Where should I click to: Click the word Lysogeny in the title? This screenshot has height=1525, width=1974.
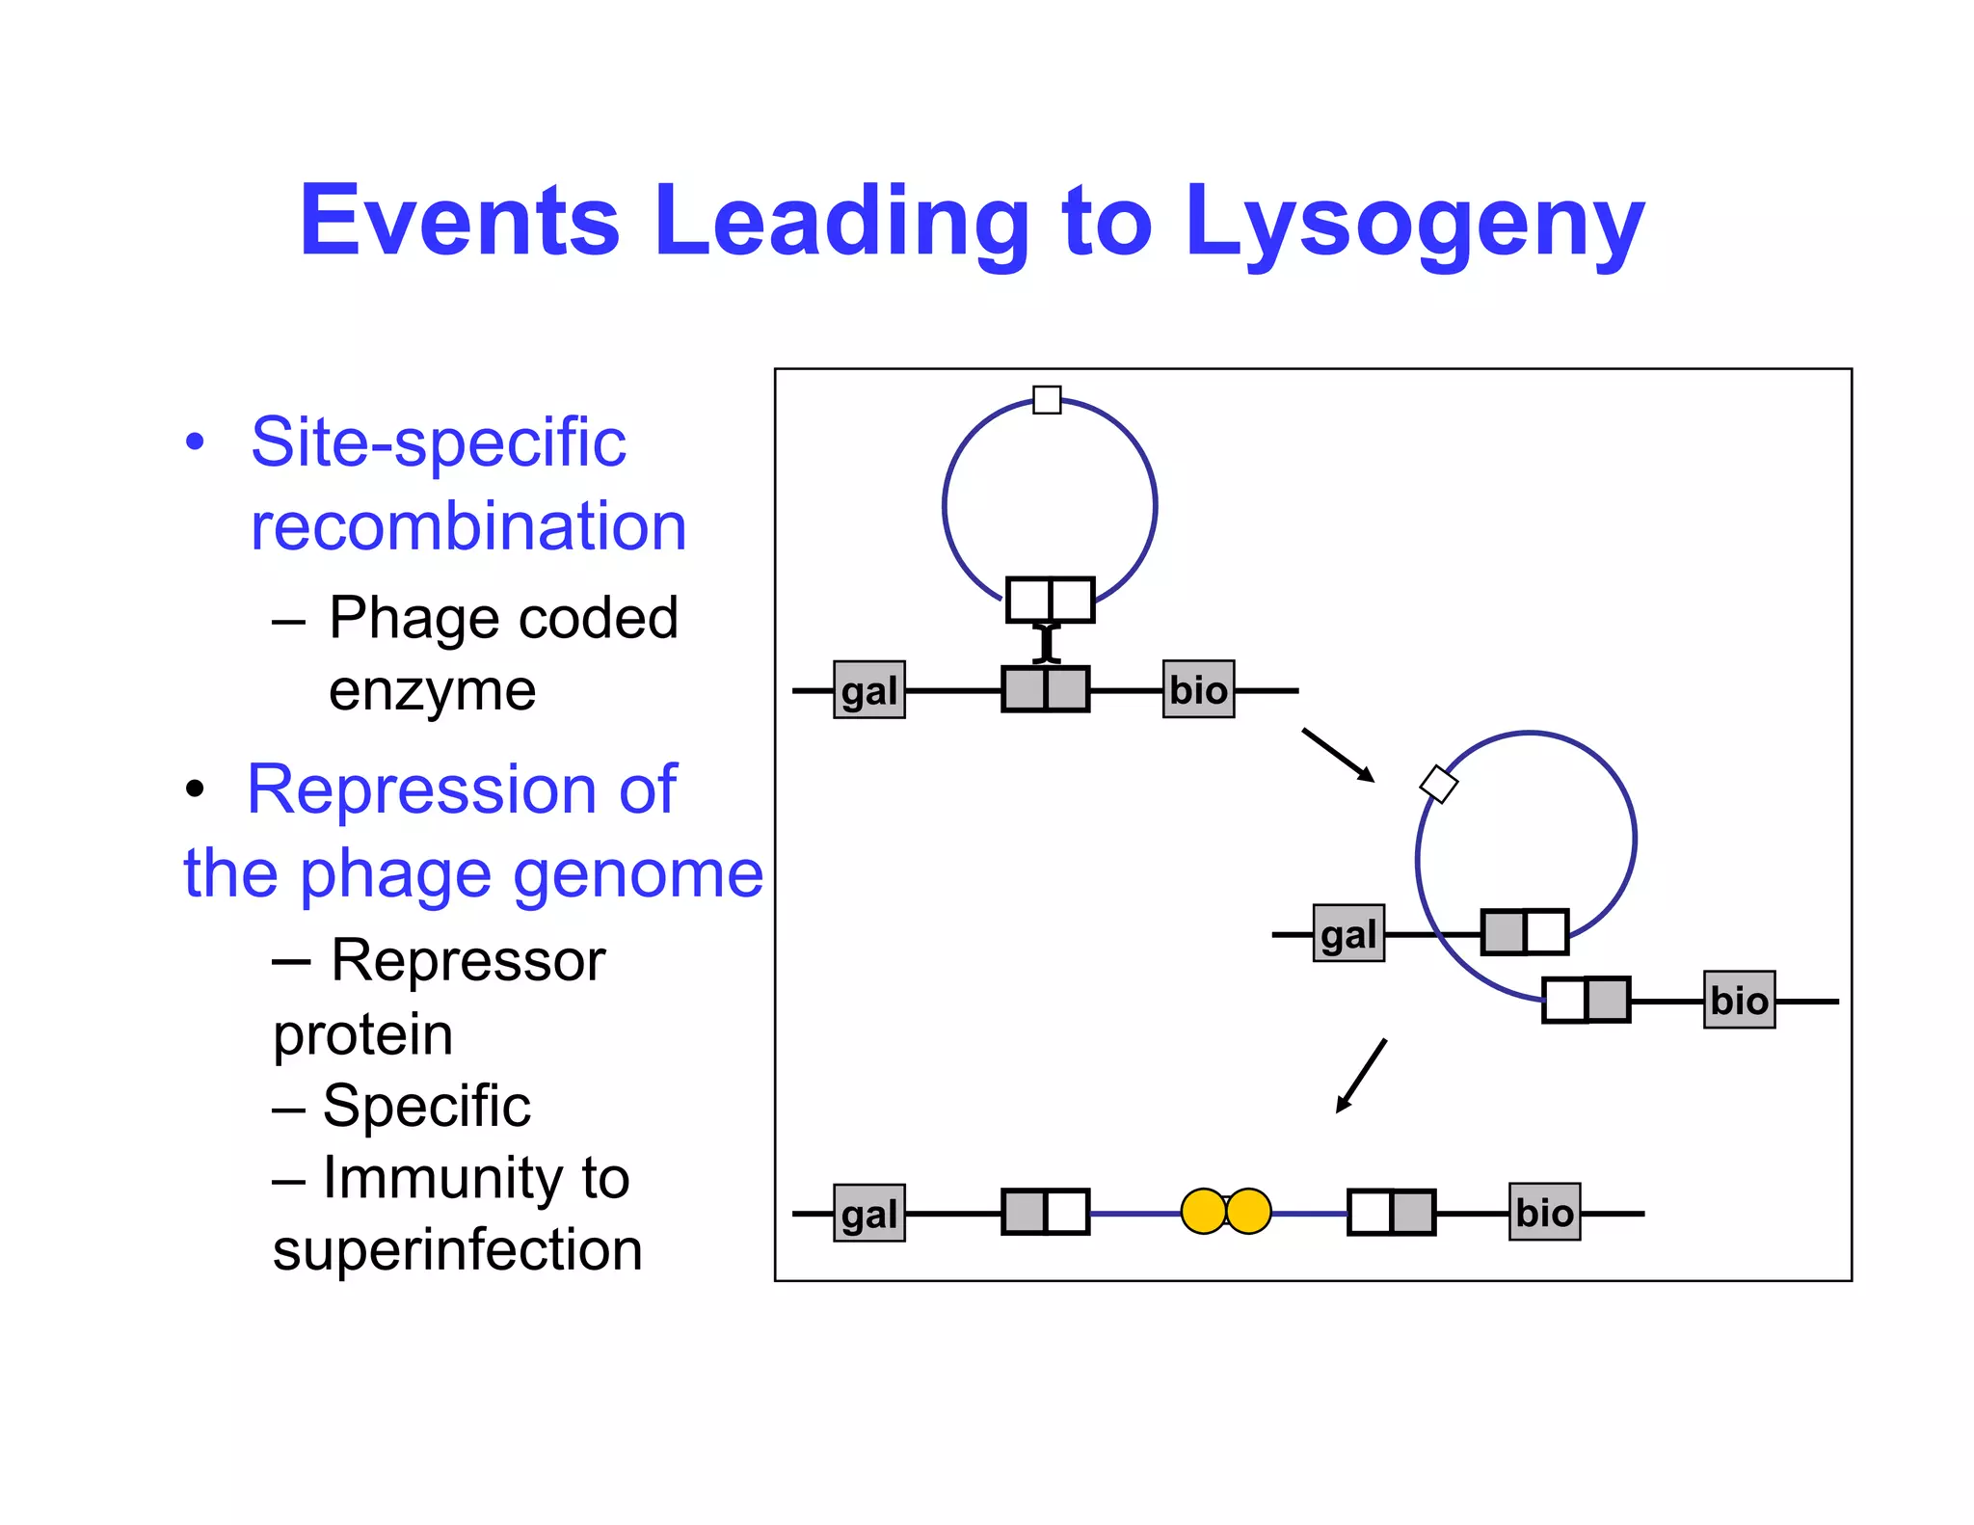(x=1414, y=224)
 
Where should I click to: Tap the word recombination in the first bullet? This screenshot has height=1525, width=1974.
(x=467, y=527)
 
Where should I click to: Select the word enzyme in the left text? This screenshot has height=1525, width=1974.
(x=432, y=690)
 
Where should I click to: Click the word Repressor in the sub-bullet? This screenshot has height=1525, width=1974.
(x=467, y=961)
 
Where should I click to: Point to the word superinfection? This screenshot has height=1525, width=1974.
(x=457, y=1250)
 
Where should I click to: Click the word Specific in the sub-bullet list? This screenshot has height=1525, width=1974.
(x=426, y=1106)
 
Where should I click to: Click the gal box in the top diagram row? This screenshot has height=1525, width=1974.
(x=868, y=690)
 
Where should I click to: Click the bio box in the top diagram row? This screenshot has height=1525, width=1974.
(x=1198, y=689)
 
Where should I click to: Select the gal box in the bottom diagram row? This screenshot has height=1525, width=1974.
(x=868, y=1213)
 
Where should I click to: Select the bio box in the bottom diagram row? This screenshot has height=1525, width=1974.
(x=1544, y=1212)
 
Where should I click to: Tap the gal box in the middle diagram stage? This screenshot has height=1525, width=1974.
(x=1348, y=933)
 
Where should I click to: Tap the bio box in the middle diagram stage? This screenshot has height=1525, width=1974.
(x=1739, y=1000)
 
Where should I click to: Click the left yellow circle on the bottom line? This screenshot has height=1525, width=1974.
(x=1203, y=1212)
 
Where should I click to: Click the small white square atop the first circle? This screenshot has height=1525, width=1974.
(x=1047, y=399)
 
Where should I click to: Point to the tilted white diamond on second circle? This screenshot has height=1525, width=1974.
(x=1439, y=784)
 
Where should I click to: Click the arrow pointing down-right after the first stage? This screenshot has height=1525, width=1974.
(x=1338, y=755)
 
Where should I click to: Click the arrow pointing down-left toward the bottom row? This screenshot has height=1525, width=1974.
(x=1361, y=1076)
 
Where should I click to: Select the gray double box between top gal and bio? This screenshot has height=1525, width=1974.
(x=1045, y=689)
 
